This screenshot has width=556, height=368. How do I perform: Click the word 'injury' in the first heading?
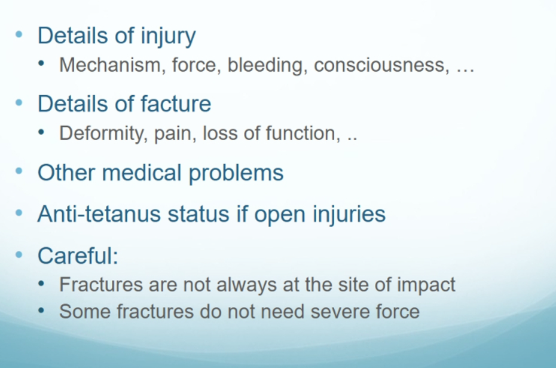(168, 36)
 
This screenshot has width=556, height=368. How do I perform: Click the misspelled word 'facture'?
(176, 104)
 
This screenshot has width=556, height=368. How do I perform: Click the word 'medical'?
(142, 172)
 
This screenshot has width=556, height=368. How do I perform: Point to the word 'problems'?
(236, 173)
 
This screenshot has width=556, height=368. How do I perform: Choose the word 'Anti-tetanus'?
(99, 214)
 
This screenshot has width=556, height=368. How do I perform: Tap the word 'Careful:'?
(78, 255)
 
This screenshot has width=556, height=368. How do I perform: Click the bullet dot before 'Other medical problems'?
(19, 171)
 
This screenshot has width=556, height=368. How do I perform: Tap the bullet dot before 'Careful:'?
(19, 254)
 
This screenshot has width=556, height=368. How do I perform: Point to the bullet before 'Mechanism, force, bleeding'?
(41, 64)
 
